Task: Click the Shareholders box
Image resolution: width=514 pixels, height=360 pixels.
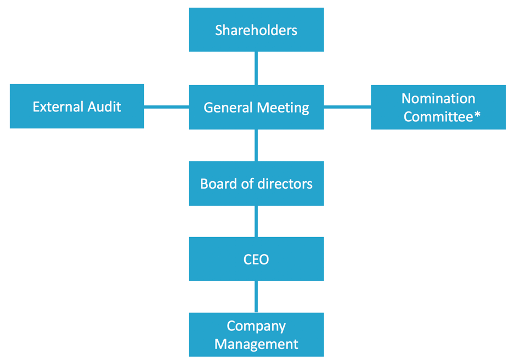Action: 256,30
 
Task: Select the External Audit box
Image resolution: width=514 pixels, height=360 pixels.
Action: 77,106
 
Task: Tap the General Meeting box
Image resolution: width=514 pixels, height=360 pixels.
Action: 256,108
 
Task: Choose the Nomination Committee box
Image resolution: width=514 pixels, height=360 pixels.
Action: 438,108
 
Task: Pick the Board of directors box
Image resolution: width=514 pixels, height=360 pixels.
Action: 256,183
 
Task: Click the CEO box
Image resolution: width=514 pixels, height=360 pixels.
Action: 256,259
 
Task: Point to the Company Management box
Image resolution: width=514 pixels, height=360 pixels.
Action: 256,335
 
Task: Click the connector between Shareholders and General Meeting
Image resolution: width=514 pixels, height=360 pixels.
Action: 256,68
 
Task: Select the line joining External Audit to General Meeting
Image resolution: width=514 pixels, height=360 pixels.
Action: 166,106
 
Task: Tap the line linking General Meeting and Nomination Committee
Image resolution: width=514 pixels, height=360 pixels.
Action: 347,106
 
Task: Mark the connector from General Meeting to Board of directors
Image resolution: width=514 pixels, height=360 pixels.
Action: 256,145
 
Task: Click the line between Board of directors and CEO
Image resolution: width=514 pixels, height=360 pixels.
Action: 256,221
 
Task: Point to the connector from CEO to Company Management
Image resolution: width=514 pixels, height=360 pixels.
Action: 256,297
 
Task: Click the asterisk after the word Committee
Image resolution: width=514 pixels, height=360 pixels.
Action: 478,115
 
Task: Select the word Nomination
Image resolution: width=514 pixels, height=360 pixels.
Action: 438,99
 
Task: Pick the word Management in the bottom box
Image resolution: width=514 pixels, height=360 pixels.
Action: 256,344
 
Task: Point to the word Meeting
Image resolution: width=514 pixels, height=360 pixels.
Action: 283,108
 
